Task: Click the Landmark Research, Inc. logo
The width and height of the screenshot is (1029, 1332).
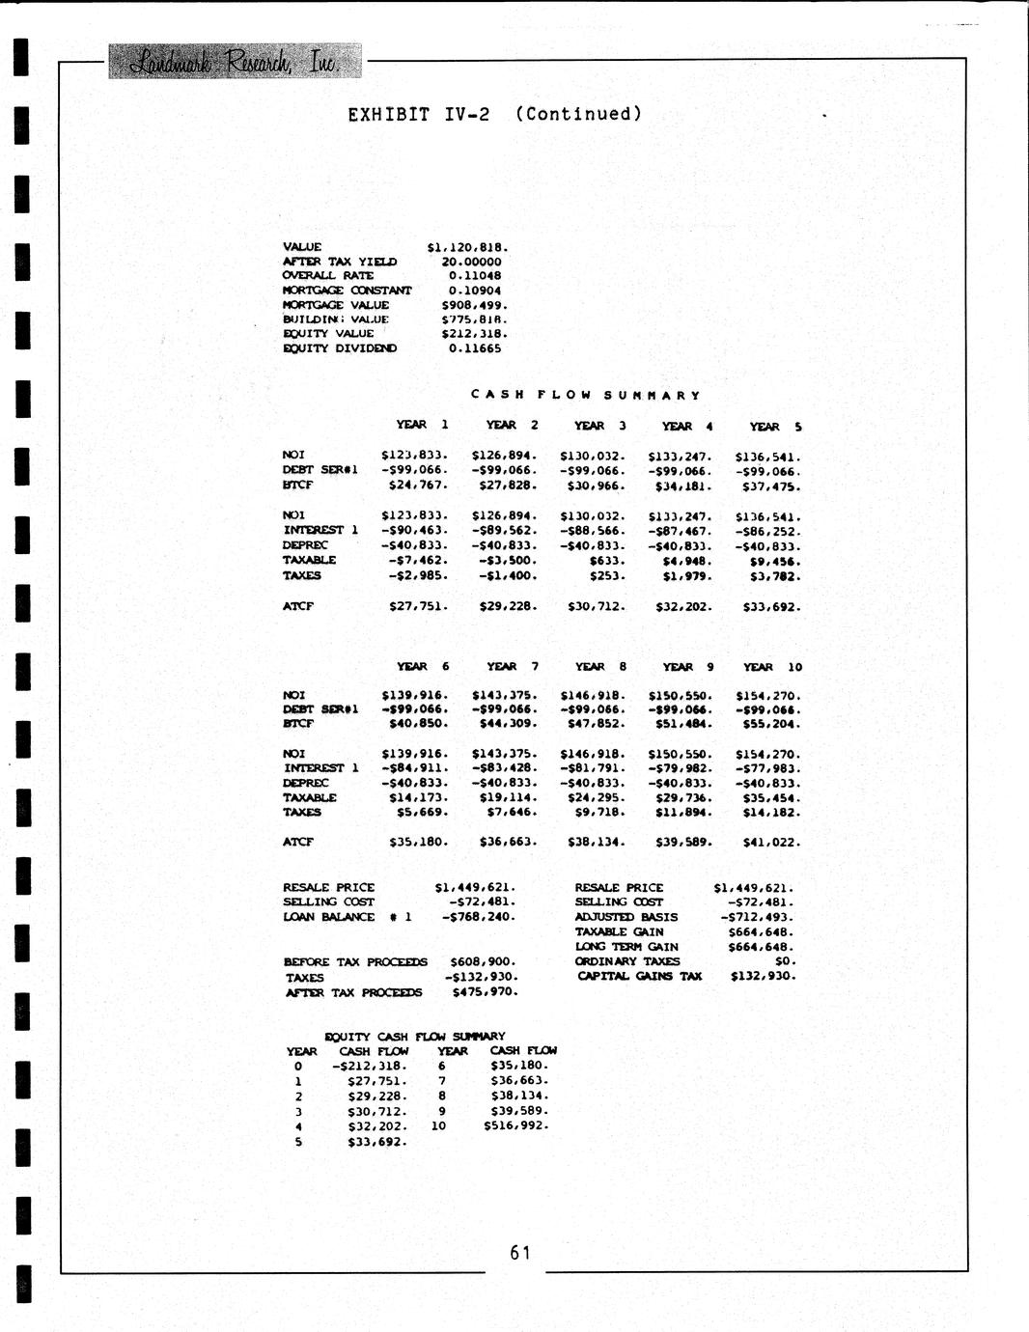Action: click(234, 63)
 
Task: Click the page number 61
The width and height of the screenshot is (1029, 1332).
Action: click(520, 1253)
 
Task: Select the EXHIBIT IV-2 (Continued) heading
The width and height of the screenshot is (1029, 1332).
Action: click(494, 114)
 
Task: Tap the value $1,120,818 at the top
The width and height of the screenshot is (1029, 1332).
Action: click(467, 247)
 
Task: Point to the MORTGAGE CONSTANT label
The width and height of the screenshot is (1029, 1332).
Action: click(347, 291)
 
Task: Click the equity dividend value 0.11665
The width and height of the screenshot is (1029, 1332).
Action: click(475, 348)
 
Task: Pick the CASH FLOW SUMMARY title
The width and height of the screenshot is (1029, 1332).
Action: click(585, 395)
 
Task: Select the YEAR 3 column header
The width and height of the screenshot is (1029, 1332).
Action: click(599, 426)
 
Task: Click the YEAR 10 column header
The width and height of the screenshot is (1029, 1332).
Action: click(772, 667)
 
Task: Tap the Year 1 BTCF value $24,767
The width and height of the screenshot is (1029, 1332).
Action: click(417, 486)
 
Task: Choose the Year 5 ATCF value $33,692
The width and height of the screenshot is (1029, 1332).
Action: click(771, 607)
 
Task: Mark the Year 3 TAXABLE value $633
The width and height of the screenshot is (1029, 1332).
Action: click(606, 560)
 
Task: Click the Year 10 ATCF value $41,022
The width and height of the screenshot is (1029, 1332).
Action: click(771, 843)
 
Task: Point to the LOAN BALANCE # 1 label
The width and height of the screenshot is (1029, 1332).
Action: click(347, 917)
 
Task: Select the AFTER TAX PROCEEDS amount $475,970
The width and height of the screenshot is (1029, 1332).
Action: click(485, 991)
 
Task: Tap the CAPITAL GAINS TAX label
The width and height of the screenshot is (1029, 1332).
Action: click(640, 976)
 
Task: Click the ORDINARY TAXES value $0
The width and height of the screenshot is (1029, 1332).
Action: click(785, 961)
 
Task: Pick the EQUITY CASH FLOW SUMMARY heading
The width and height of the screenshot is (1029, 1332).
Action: click(415, 1036)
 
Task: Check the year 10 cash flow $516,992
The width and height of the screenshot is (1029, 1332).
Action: click(516, 1125)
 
